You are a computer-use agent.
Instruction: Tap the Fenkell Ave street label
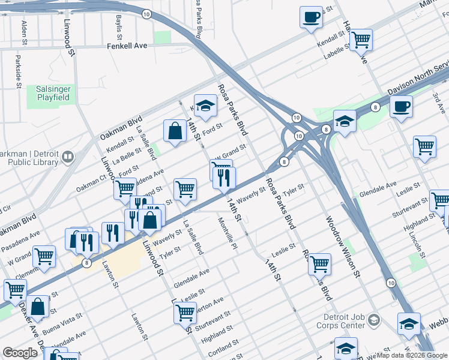[127, 46]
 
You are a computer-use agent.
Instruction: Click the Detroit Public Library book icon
[68, 157]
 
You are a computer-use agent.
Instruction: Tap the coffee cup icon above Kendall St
[312, 17]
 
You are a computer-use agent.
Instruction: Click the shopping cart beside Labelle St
[361, 40]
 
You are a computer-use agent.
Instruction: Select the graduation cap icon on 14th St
[205, 106]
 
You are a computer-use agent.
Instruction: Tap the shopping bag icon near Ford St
[175, 131]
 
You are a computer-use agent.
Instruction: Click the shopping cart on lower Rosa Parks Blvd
[319, 263]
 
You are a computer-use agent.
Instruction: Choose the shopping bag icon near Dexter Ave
[37, 306]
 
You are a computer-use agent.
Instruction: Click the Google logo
[20, 353]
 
